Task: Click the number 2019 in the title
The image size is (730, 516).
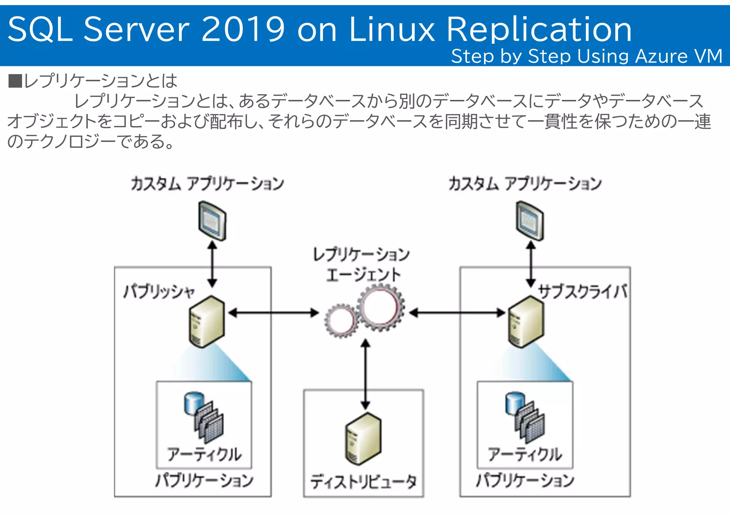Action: [x=243, y=29]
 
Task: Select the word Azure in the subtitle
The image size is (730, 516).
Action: [x=661, y=56]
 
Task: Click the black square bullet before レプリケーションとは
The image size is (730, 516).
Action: [x=15, y=81]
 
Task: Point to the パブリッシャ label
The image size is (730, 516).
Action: [x=159, y=292]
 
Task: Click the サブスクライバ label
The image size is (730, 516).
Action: [x=582, y=292]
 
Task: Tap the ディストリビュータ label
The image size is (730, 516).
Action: [x=363, y=482]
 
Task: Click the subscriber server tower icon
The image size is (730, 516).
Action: [x=526, y=322]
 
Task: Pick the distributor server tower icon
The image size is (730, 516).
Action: [x=363, y=439]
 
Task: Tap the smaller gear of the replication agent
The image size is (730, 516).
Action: [x=341, y=320]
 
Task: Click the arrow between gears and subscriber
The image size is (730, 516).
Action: [x=457, y=313]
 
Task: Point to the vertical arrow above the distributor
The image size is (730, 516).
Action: [x=365, y=374]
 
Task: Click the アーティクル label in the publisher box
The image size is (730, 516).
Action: [x=204, y=455]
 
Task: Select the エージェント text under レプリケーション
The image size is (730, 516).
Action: [x=363, y=275]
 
